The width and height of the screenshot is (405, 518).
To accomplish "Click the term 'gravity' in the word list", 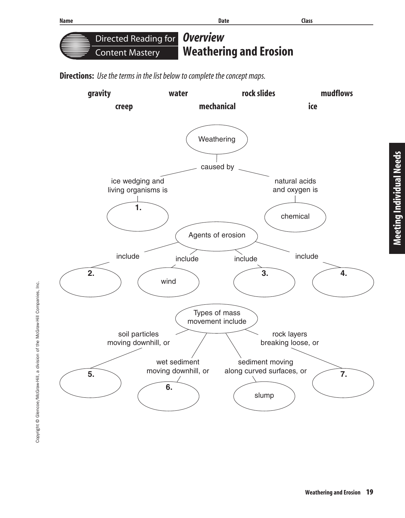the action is (99, 93).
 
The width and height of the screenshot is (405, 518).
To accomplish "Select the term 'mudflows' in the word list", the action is (336, 93).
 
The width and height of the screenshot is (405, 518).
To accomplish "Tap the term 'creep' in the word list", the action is (124, 106).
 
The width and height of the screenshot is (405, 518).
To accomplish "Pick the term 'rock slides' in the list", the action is (258, 93).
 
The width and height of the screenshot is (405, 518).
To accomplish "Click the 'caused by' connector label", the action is (217, 167).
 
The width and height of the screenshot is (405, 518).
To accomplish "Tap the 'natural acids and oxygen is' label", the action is (295, 185).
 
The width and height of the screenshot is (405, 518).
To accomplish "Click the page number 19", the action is (369, 492).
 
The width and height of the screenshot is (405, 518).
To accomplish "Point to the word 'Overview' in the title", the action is (204, 37).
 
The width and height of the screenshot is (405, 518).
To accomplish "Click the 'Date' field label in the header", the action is (224, 21).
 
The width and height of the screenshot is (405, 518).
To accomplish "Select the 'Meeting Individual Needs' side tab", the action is (397, 198).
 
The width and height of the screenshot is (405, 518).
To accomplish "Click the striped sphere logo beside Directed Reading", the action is (75, 45).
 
